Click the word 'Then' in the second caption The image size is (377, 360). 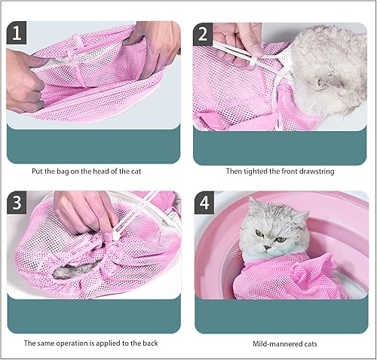[234, 171]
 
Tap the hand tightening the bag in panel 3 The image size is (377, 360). [87, 211]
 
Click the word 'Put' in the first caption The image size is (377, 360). [38, 171]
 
